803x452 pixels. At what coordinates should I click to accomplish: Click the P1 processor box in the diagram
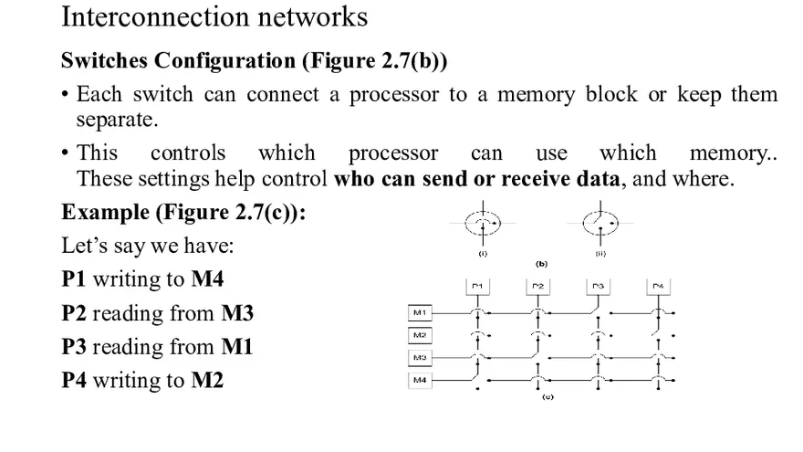point(477,287)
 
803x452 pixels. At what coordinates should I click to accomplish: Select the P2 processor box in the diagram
point(538,287)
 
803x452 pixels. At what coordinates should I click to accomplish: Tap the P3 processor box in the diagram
point(598,287)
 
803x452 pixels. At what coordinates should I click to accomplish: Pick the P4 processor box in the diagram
point(658,287)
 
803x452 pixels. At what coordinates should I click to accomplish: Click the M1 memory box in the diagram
point(420,313)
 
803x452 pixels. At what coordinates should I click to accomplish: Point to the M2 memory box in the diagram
point(420,335)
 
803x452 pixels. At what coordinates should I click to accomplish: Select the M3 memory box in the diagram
point(420,357)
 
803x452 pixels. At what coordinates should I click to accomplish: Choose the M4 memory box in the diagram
point(420,379)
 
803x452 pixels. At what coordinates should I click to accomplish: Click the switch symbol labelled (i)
point(483,223)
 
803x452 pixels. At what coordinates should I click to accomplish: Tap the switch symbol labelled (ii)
point(600,223)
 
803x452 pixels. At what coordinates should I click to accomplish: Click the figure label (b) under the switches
point(541,264)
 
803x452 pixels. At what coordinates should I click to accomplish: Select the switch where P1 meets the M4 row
point(477,378)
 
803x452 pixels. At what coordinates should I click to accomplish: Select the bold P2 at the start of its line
point(74,313)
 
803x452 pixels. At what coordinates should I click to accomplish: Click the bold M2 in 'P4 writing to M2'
point(207,380)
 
